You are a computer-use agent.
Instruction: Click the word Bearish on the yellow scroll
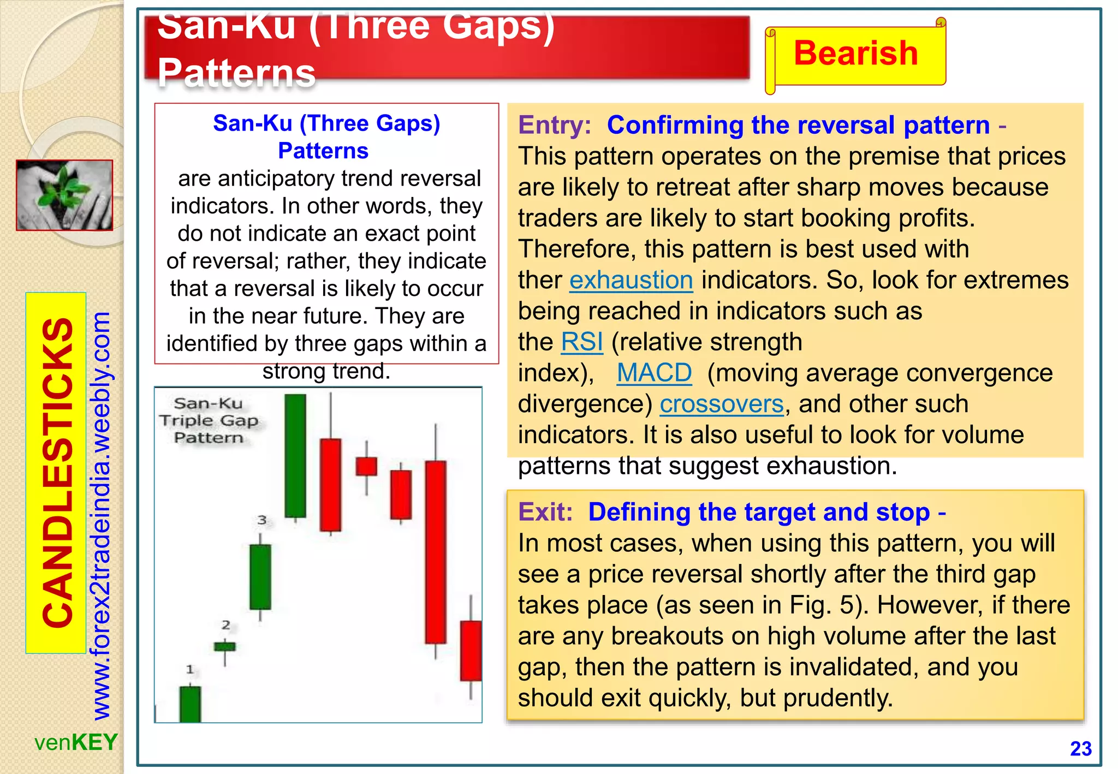pos(855,53)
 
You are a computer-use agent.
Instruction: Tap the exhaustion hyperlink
pos(631,280)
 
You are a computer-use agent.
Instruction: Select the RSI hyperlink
pos(582,342)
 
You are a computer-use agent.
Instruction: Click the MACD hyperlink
pos(654,373)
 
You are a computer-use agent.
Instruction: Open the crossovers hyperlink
pos(722,404)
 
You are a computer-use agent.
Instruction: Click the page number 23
pos(1080,748)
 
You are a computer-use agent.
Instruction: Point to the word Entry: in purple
pos(554,125)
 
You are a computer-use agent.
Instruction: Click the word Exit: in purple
pos(545,512)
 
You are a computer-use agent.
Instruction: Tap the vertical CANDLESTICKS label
pos(57,473)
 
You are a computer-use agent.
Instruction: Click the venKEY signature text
pos(76,742)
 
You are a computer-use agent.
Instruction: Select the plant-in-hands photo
pos(64,195)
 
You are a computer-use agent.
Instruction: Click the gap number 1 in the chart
pos(189,669)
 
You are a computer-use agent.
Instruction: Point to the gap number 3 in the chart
pos(262,520)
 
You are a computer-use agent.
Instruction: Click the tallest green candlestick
pos(295,456)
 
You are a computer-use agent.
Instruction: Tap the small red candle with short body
pos(366,466)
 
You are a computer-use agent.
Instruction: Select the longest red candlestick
pos(436,551)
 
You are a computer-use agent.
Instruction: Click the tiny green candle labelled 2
pos(224,647)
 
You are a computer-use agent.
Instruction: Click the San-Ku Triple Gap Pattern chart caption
pos(209,420)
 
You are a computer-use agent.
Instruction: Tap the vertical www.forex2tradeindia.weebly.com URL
pos(102,516)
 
